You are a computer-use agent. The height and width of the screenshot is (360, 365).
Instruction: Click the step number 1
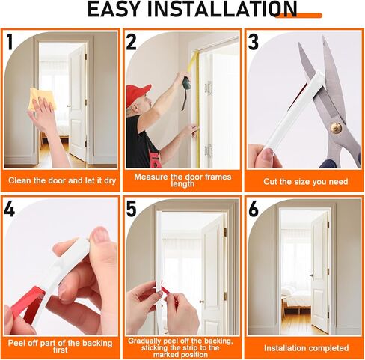(x=10, y=42)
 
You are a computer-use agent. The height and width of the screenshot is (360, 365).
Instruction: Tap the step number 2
(x=132, y=42)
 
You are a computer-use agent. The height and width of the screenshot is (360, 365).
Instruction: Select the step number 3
(x=254, y=42)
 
